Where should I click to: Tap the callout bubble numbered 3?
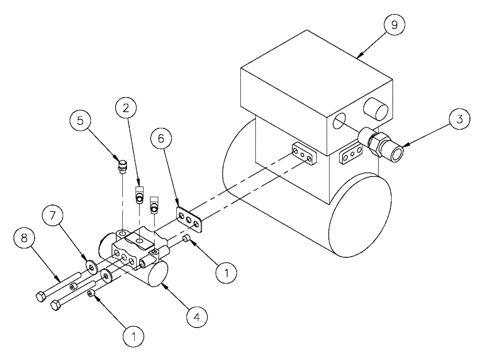[459, 120]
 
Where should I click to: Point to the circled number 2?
[125, 109]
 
